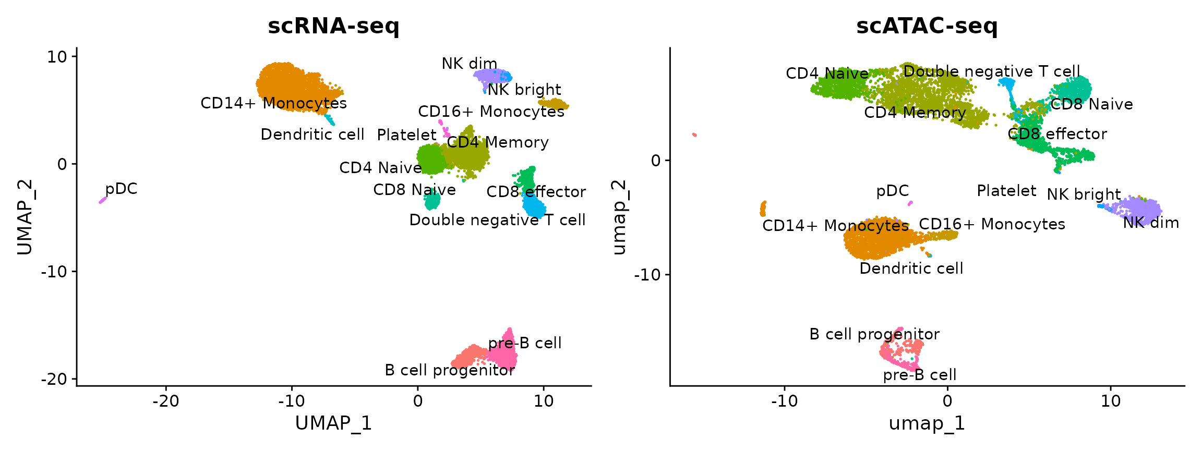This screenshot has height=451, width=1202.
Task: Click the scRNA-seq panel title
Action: point(333,26)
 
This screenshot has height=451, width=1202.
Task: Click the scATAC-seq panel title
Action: point(927,26)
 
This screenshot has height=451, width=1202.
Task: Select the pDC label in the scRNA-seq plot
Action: point(121,189)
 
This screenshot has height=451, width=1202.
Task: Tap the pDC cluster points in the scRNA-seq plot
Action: point(102,200)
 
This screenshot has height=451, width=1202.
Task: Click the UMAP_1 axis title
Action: point(333,423)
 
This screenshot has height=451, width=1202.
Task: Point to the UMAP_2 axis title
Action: point(25,216)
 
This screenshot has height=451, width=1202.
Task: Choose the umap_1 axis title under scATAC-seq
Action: point(927,423)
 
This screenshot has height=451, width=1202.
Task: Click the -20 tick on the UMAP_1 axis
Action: point(166,401)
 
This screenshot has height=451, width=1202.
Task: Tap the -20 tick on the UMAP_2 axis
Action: point(54,379)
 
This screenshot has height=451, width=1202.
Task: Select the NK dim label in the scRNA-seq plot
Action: point(469,64)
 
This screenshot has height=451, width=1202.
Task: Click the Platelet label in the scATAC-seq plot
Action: point(1006,191)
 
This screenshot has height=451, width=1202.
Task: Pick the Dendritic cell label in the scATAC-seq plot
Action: point(911,269)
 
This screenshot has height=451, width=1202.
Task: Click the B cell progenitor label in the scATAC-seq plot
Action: point(874,334)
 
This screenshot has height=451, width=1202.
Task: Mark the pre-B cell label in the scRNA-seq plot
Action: point(525,343)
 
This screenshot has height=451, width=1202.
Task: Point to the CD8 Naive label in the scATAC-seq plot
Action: point(1091,104)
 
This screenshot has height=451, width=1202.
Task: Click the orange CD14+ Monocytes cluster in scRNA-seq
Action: point(287,83)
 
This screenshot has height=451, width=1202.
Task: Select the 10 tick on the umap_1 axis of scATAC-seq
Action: point(1111,401)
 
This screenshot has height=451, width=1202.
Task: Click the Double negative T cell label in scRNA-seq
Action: point(497,220)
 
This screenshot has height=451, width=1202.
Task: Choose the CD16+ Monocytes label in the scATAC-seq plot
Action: point(992,224)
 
